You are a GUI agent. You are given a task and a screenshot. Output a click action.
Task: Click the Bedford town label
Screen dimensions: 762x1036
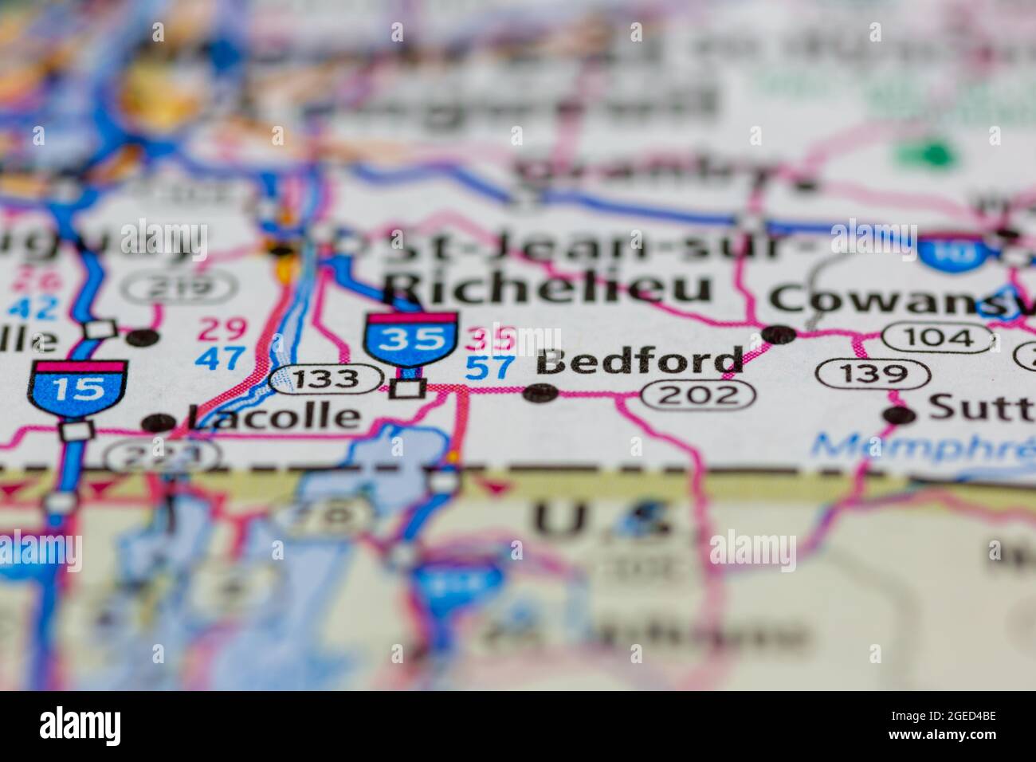[640, 363]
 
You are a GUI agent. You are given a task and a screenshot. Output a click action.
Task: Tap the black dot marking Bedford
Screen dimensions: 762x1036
[541, 392]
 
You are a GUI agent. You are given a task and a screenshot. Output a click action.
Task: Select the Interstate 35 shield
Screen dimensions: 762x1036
[411, 340]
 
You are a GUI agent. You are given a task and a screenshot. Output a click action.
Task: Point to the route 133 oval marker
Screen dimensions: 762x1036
[325, 379]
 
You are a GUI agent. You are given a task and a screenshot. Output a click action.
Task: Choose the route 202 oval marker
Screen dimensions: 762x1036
[698, 394]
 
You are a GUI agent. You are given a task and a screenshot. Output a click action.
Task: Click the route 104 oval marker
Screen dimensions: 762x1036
[938, 338]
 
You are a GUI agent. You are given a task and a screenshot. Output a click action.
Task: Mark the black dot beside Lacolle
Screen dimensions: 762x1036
[159, 422]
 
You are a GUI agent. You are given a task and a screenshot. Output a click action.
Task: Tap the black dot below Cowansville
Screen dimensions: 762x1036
[779, 334]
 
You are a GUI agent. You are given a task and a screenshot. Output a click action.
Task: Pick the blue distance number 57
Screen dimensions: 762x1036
[489, 367]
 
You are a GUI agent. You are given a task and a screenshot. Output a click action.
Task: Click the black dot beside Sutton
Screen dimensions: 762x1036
[901, 414]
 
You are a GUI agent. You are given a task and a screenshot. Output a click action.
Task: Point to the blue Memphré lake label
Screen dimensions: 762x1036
[916, 447]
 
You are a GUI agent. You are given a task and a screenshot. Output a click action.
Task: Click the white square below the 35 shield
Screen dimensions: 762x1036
[410, 389]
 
